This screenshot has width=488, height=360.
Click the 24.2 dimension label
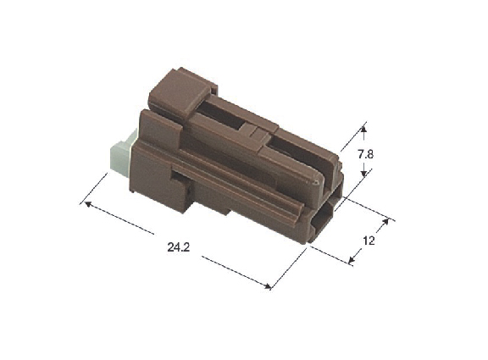[x=178, y=247]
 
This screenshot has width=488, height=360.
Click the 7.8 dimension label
[x=365, y=154]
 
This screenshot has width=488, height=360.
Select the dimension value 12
[x=369, y=241]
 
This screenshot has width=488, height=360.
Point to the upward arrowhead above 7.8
[x=363, y=129]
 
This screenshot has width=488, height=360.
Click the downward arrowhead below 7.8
[x=364, y=174]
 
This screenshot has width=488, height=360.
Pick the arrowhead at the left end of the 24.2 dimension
[x=88, y=203]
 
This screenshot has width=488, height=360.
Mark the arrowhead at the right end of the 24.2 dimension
[x=268, y=285]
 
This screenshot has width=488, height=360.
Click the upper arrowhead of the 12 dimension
[x=386, y=222]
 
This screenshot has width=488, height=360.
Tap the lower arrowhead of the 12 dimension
[x=352, y=260]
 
